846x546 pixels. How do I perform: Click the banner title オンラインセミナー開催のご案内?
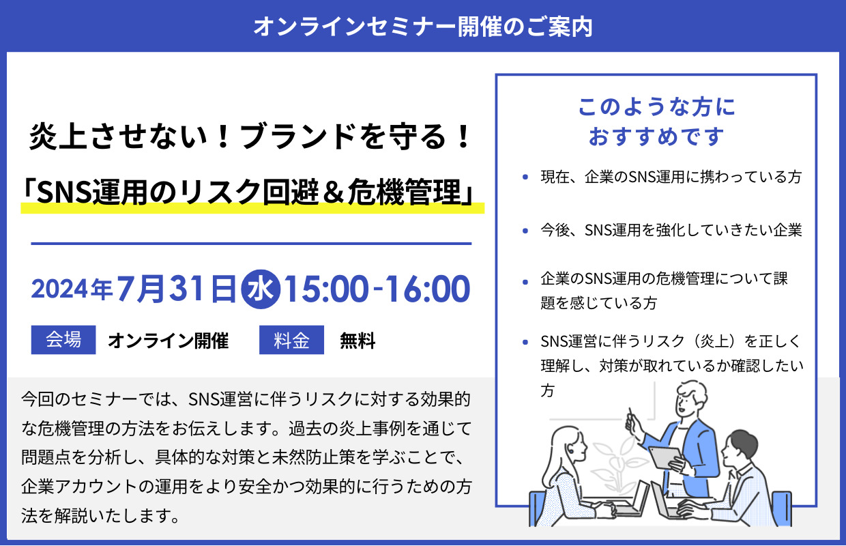click(422, 27)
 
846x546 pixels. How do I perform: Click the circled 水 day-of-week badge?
click(259, 288)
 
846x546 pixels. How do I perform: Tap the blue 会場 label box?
click(63, 339)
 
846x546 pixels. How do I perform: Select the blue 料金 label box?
click(291, 340)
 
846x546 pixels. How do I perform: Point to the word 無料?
click(358, 340)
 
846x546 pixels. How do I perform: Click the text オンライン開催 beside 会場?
click(168, 340)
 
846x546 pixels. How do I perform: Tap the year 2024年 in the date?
click(72, 289)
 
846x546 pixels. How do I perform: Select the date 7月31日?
click(176, 289)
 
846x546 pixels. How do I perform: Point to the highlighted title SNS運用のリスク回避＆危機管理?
click(251, 192)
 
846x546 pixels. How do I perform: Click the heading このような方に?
click(656, 107)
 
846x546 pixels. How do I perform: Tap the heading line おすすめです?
click(656, 136)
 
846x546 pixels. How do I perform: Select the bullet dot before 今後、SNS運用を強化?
click(525, 231)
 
